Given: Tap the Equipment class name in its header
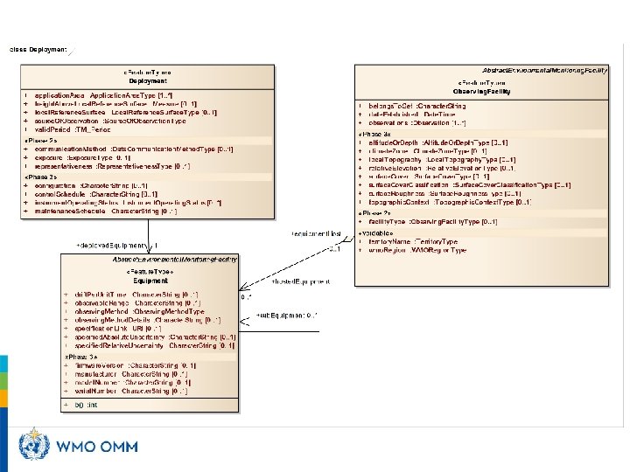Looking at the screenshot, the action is (150, 281).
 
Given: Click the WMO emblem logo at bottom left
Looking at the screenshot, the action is (35, 446).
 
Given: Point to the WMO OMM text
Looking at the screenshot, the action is (96, 447).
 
